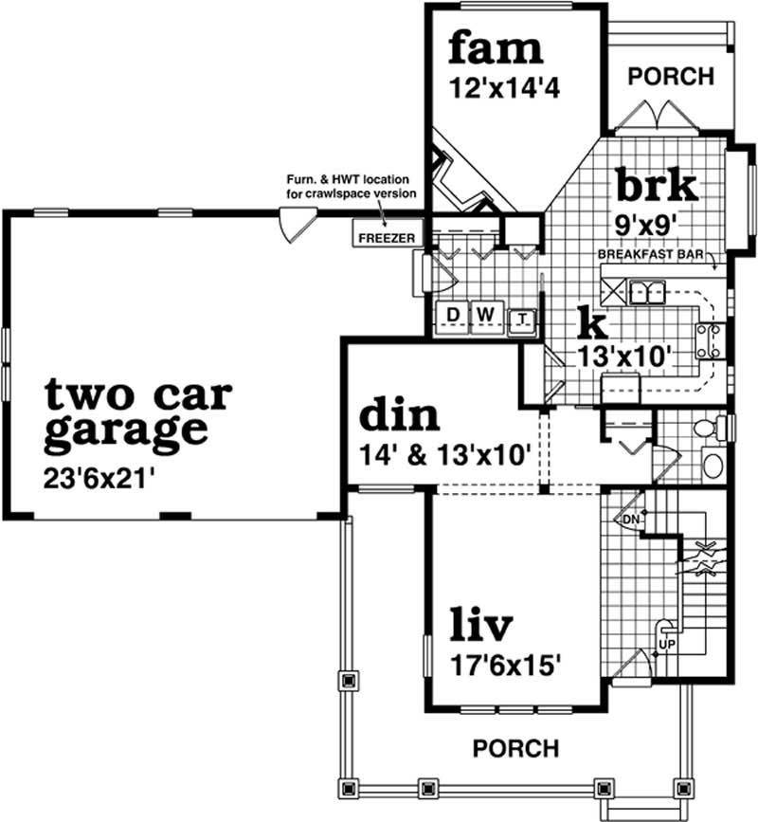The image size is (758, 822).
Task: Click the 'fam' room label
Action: click(x=496, y=46)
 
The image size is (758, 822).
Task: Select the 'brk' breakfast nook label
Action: click(x=657, y=185)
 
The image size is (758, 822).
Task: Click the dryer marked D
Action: click(x=453, y=314)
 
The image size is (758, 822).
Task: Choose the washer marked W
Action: click(x=485, y=314)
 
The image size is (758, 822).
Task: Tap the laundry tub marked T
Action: click(x=522, y=320)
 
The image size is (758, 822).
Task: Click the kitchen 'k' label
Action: click(x=591, y=323)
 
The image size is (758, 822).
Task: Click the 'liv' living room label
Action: click(x=480, y=625)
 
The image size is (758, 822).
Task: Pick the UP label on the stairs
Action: click(x=665, y=644)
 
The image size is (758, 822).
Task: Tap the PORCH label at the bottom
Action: click(x=515, y=748)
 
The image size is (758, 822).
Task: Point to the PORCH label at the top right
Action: click(x=671, y=77)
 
